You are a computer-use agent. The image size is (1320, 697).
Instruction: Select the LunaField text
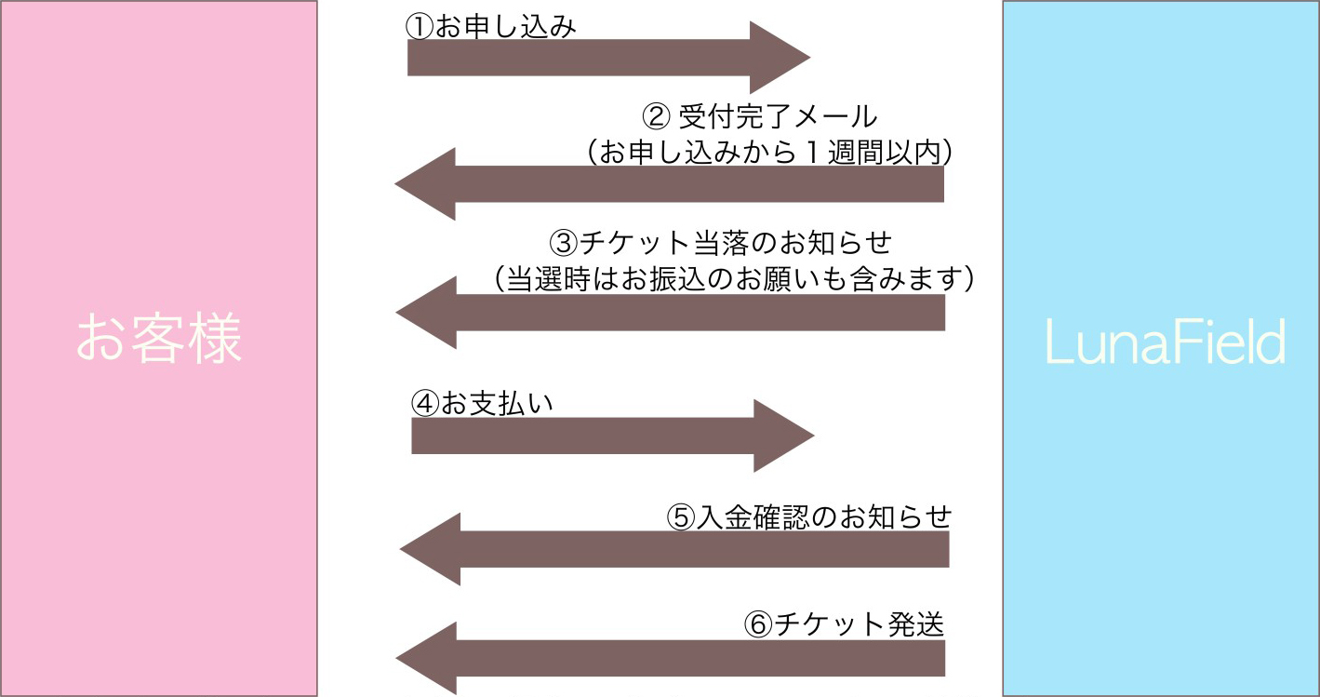[x=1166, y=343]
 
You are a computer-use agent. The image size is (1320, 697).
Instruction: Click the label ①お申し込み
[x=491, y=26]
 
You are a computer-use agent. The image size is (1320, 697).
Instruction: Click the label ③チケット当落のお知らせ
[x=721, y=243]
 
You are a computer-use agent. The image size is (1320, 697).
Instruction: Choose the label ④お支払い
[x=482, y=404]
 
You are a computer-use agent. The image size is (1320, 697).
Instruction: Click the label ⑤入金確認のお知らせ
[x=809, y=516]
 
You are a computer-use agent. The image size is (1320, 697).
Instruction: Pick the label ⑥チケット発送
[x=844, y=623]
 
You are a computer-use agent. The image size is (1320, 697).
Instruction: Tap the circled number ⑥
[x=758, y=624]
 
